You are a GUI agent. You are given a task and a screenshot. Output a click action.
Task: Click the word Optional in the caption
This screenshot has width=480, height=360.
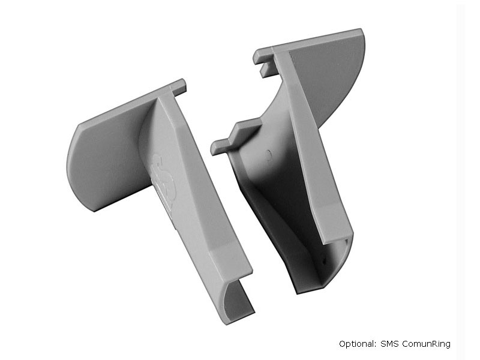point(357,344)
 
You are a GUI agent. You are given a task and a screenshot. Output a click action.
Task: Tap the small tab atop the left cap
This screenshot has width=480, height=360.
point(178,85)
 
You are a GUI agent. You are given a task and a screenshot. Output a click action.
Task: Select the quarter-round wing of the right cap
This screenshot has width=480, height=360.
point(327,78)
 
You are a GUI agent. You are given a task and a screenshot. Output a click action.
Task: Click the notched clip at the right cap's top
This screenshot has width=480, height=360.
point(264,60)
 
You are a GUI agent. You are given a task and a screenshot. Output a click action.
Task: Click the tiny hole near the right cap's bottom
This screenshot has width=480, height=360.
point(324,262)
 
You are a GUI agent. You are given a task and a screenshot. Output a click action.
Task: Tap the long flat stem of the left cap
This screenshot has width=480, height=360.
point(192,192)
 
